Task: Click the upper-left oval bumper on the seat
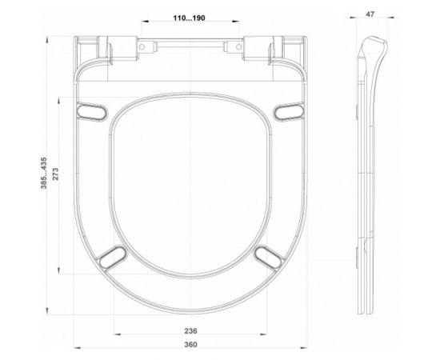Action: (92, 109)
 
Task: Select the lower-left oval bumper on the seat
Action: (112, 257)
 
